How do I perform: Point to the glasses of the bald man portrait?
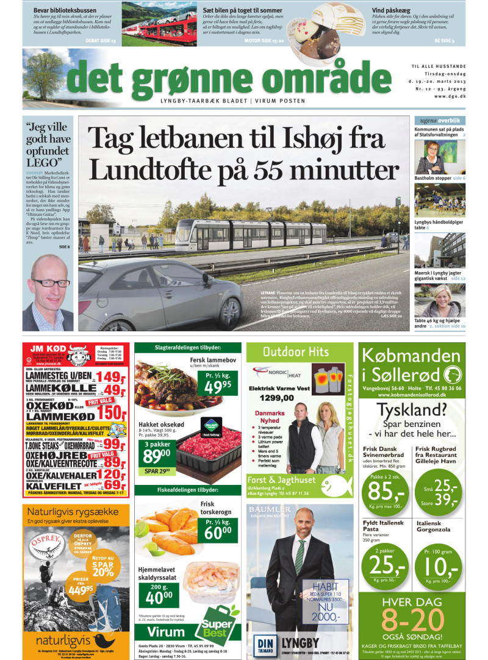click(51, 282)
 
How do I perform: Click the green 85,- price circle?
click(384, 491)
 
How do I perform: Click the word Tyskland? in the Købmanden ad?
click(417, 411)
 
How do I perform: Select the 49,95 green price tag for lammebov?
click(218, 383)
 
